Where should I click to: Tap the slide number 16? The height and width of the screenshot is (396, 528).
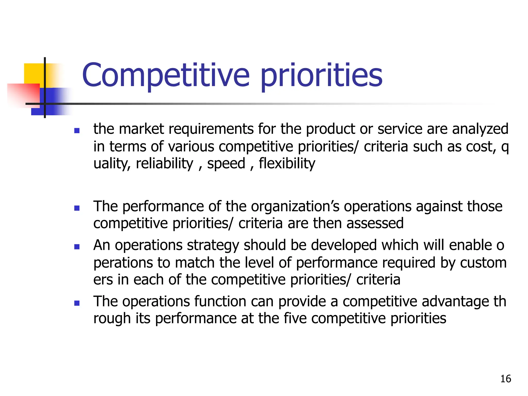tap(505, 379)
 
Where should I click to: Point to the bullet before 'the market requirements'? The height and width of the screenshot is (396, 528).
tap(77, 131)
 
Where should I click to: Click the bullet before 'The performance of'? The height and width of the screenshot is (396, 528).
tap(77, 208)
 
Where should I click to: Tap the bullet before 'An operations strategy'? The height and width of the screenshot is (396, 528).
tap(77, 247)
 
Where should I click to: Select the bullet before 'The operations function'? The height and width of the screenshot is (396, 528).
tap(77, 303)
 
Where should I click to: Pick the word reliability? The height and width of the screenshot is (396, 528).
tap(164, 164)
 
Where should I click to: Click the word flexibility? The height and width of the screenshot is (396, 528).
tap(287, 164)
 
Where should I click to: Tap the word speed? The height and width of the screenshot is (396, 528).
tap(226, 164)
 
